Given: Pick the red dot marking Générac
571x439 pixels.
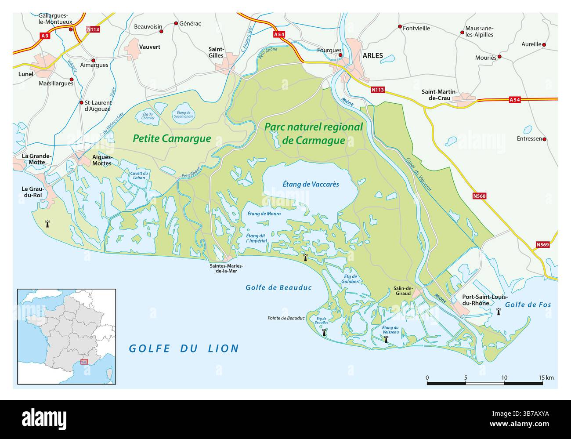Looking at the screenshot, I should pyautogui.click(x=176, y=23).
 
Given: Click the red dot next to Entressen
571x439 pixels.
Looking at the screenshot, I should pyautogui.click(x=545, y=139).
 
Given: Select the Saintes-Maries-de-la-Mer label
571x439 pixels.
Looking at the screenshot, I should pyautogui.click(x=225, y=268).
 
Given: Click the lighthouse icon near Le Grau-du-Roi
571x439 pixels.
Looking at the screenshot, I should pyautogui.click(x=47, y=224).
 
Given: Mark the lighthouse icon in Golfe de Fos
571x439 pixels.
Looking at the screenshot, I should pyautogui.click(x=499, y=312).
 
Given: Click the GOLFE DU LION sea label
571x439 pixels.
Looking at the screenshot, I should pyautogui.click(x=184, y=348).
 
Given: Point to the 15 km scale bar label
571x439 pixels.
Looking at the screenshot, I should pyautogui.click(x=546, y=377).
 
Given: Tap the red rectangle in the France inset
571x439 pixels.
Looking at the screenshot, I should pyautogui.click(x=84, y=362).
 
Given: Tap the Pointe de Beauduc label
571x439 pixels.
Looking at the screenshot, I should pyautogui.click(x=287, y=318).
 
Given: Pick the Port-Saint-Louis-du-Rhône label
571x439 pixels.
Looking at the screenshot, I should pyautogui.click(x=481, y=299).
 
